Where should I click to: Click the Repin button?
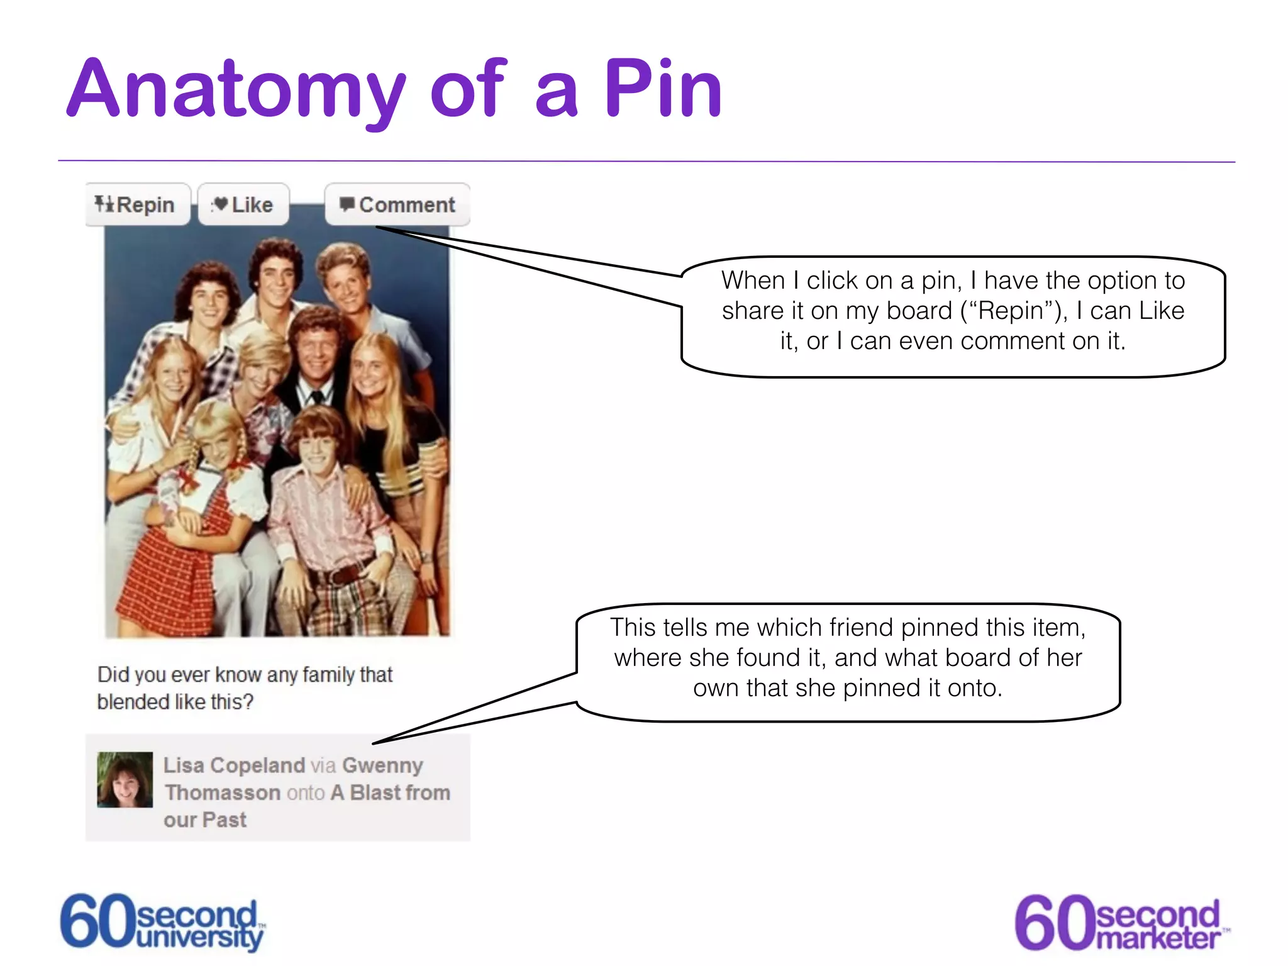[x=137, y=204]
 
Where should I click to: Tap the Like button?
[x=243, y=204]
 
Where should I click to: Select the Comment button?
[x=397, y=204]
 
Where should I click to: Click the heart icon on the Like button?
[x=220, y=204]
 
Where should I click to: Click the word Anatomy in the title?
[x=236, y=89]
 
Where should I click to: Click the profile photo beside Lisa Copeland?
[x=125, y=779]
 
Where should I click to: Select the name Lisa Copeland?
[x=234, y=765]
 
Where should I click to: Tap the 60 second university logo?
[x=163, y=922]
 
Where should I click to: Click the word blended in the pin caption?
[x=133, y=701]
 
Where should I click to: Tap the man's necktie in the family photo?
[x=317, y=397]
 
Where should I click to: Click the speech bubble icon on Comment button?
[x=347, y=204]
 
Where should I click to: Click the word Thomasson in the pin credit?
[x=223, y=792]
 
